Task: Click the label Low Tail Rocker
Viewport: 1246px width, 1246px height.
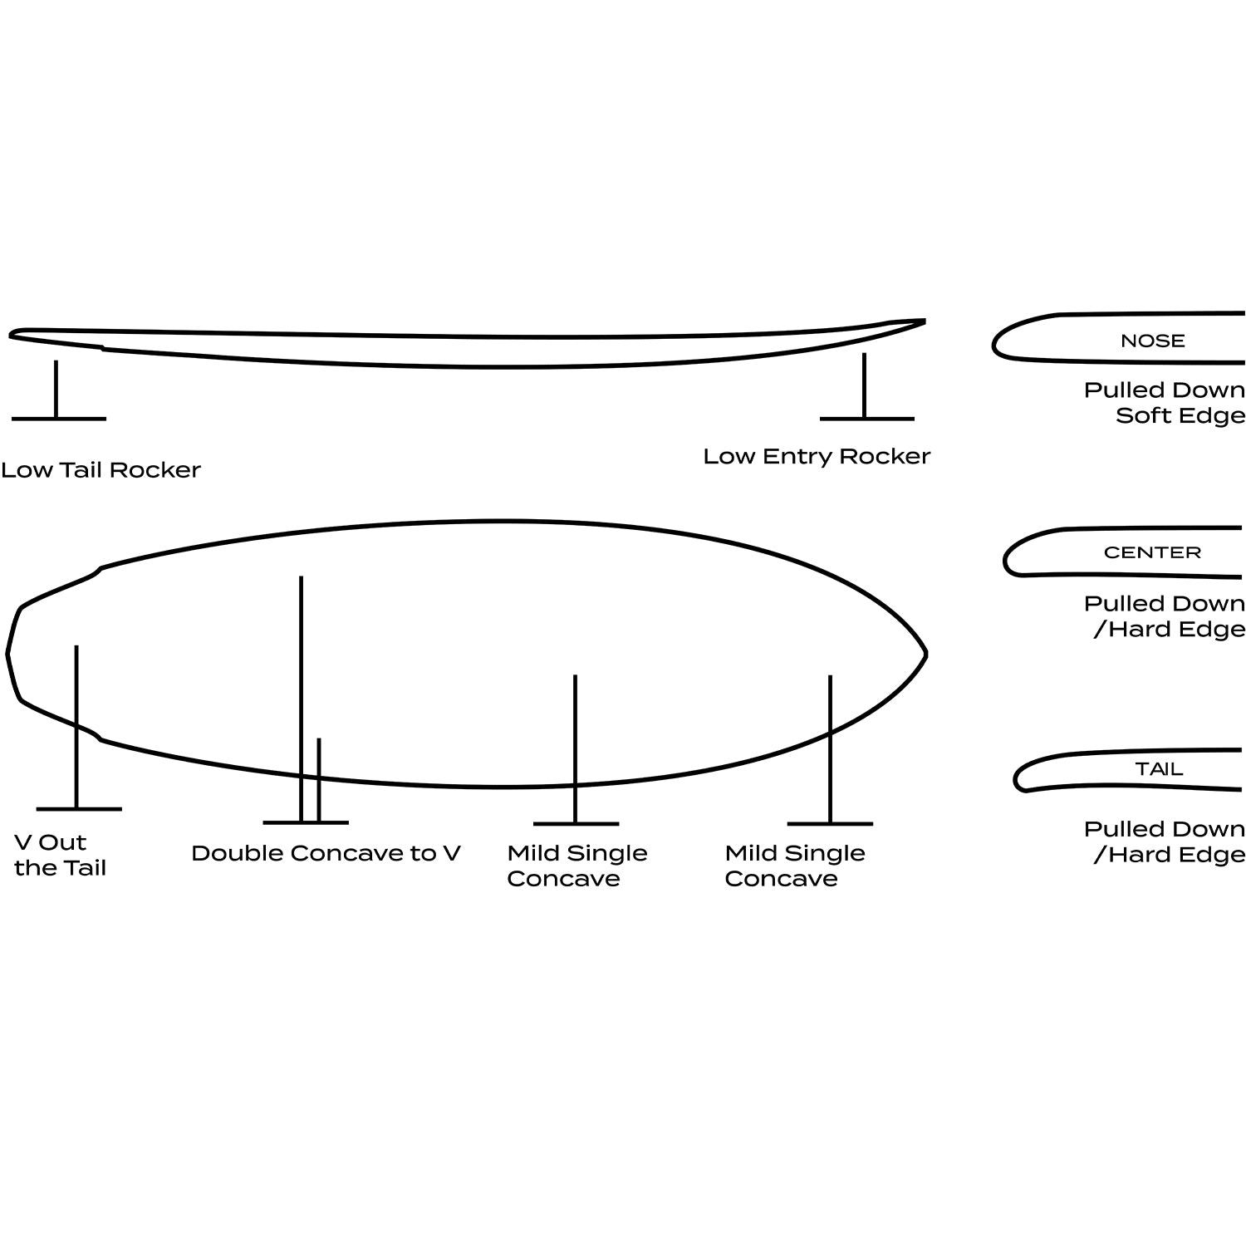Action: pos(101,470)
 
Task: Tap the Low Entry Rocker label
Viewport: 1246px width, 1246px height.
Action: pos(817,456)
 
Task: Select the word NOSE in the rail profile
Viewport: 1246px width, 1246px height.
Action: pos(1152,341)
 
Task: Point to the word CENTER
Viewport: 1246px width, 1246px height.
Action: pos(1152,552)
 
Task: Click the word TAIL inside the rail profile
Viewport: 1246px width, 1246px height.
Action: pos(1159,769)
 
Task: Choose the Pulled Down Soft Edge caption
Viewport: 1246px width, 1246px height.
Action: pos(1165,403)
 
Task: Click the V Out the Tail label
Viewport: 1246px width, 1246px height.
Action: pos(61,855)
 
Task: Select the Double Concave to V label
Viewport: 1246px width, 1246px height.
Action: pos(326,853)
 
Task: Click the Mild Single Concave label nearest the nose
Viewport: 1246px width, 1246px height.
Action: pos(795,866)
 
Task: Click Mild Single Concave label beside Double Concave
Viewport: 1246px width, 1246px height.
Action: pos(577,866)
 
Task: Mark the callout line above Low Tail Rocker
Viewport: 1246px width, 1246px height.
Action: pos(56,390)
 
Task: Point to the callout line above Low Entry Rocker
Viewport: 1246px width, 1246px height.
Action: pos(865,386)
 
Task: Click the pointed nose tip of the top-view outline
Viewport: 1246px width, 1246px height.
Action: pos(925,655)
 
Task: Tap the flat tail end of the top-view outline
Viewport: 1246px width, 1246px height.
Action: pos(8,654)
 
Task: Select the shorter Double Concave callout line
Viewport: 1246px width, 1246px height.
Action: pos(318,780)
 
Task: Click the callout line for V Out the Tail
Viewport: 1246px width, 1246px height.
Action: pos(76,727)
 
